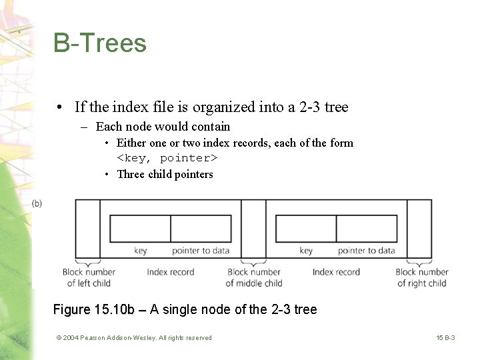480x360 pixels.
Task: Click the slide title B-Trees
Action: tap(100, 43)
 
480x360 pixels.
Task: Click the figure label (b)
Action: tap(37, 203)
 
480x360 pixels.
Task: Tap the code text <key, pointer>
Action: tap(167, 158)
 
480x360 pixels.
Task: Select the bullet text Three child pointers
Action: tap(165, 174)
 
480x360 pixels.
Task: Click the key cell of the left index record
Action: tap(140, 229)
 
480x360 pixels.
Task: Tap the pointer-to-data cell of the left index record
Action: tap(201, 229)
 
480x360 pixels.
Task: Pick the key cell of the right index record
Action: tap(306, 229)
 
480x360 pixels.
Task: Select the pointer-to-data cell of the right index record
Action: tap(367, 229)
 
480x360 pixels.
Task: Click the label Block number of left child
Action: tap(89, 277)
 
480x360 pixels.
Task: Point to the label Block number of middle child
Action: tap(254, 277)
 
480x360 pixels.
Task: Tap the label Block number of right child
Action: tap(421, 277)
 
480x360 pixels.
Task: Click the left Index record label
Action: tap(171, 272)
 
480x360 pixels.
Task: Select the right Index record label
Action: tap(336, 272)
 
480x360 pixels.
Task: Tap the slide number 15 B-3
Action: tap(445, 338)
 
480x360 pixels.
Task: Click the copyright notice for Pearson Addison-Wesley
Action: tap(134, 338)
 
